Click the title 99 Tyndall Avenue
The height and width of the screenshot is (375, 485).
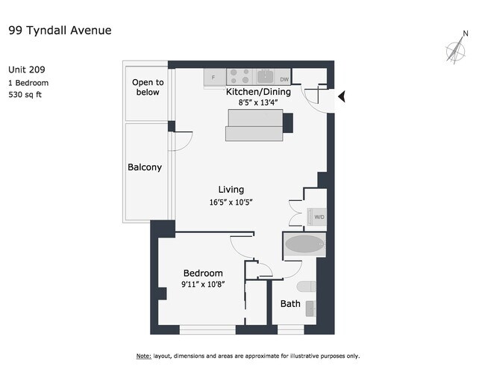coord(60,31)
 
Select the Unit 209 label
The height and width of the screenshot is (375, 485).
coord(27,69)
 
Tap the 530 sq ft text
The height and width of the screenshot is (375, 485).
coord(25,94)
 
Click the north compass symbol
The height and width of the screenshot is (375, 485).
coord(457,48)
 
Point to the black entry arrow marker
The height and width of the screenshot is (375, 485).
coord(342,96)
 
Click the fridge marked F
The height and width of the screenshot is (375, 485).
coord(215,77)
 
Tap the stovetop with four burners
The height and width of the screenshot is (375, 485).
coord(240,76)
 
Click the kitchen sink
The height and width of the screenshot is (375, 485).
coord(265,76)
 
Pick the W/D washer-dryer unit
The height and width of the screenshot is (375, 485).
coord(316,217)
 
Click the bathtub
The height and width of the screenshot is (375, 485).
coord(304,244)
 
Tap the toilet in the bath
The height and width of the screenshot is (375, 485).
coord(307,286)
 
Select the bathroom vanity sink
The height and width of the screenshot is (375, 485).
coord(311,309)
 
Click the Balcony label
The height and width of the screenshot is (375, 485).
coord(145,167)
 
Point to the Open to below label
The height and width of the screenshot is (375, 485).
coord(148,87)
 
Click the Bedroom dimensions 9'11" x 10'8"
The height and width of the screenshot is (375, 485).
coord(203,284)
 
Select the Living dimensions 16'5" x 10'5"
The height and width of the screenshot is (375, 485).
coord(231,202)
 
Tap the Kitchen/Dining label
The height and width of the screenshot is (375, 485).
coord(258,92)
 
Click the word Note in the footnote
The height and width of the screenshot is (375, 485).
coord(144,356)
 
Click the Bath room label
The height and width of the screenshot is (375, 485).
coord(290,304)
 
